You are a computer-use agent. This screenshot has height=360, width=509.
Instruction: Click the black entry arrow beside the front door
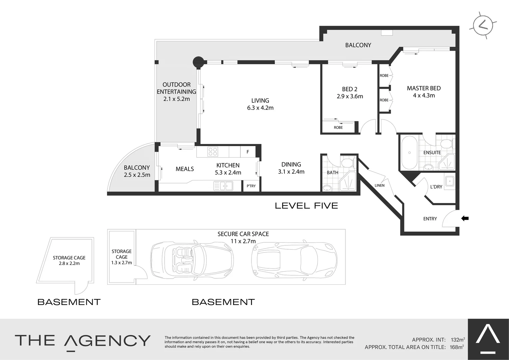(x=465, y=218)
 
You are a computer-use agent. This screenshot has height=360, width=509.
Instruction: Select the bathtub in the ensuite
(x=409, y=153)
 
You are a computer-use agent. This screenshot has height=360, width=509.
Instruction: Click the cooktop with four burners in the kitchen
(x=213, y=152)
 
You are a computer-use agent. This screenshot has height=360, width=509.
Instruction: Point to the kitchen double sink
(x=223, y=186)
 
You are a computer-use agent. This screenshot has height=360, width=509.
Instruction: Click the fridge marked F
(x=248, y=152)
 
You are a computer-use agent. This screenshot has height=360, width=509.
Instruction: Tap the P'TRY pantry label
(x=251, y=186)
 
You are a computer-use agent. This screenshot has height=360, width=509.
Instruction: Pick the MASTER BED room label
(x=424, y=88)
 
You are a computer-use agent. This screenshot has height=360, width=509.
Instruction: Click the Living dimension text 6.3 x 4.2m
(x=260, y=108)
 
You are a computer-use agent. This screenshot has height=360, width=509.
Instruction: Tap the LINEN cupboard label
(x=379, y=185)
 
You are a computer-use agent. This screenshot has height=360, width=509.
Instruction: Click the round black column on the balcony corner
(x=198, y=62)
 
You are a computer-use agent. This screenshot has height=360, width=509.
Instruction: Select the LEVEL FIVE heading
(x=306, y=206)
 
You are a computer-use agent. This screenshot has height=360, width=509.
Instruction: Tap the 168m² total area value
(x=457, y=347)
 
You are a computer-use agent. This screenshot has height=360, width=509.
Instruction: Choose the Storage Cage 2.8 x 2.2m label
(x=69, y=260)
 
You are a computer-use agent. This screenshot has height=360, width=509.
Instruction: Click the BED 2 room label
(x=349, y=89)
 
